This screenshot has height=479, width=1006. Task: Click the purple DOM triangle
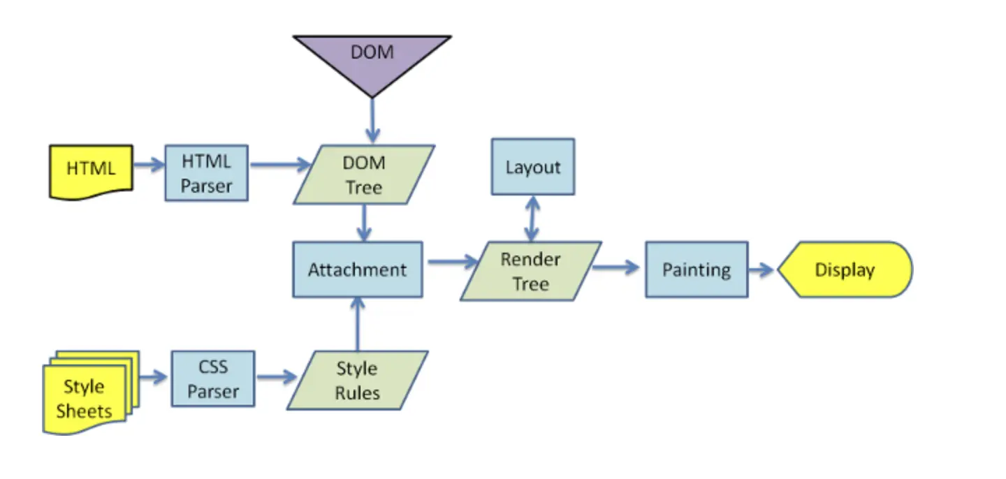[x=372, y=59]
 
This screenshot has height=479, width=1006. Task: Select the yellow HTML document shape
[x=91, y=170]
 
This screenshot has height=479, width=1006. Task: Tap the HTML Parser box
[x=206, y=174]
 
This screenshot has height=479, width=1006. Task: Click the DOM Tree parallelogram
[x=363, y=175]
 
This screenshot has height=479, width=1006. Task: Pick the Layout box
[x=533, y=167]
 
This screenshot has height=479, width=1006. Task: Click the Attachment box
[x=357, y=270]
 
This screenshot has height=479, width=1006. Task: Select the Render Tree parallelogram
[x=530, y=271]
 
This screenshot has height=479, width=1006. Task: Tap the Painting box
[x=696, y=270]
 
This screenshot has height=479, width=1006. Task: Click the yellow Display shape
[x=845, y=270]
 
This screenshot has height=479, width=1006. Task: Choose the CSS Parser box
[x=213, y=379]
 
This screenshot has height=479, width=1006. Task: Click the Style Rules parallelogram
[x=357, y=381]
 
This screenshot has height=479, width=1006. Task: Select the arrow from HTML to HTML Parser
[x=148, y=165]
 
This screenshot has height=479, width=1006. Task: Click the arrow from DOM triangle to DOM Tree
[x=372, y=121]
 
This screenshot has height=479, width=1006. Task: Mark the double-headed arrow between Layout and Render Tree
[x=532, y=218]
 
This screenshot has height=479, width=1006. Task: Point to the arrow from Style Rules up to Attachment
[x=357, y=324]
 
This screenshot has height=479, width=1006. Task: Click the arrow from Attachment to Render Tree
[x=451, y=262]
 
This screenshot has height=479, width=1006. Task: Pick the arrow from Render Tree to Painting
[x=616, y=267]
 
